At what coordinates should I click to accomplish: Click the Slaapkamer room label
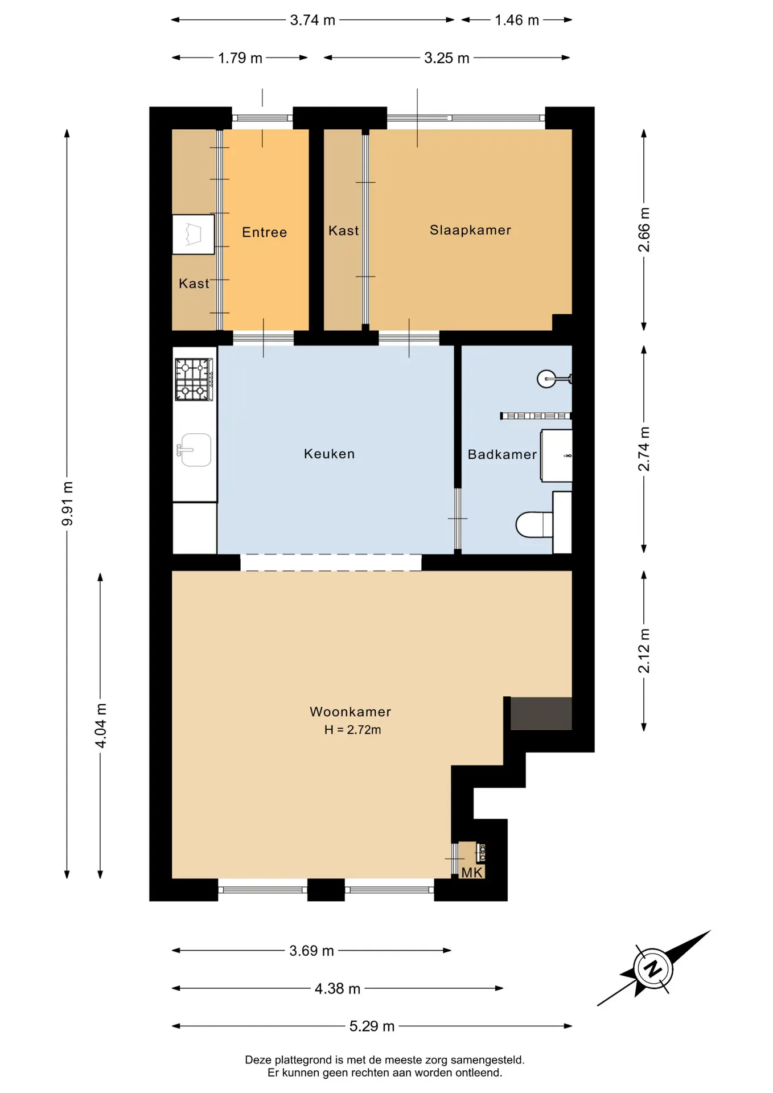pyautogui.click(x=470, y=230)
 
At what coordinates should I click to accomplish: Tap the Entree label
pyautogui.click(x=265, y=232)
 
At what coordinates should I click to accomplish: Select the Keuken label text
pyautogui.click(x=329, y=454)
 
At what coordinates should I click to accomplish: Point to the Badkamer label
pyautogui.click(x=502, y=454)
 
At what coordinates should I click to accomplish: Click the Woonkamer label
pyautogui.click(x=350, y=712)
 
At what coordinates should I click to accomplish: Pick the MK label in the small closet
pyautogui.click(x=472, y=873)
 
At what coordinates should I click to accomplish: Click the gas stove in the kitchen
pyautogui.click(x=194, y=379)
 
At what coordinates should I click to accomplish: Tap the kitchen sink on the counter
pyautogui.click(x=195, y=450)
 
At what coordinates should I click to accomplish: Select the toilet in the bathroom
pyautogui.click(x=534, y=524)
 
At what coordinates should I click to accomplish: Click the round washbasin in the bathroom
pyautogui.click(x=548, y=379)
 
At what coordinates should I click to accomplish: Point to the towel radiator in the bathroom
pyautogui.click(x=536, y=416)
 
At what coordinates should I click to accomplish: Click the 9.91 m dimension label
pyautogui.click(x=67, y=504)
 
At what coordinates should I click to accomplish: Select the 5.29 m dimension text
pyautogui.click(x=372, y=1026)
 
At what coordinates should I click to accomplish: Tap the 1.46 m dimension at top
pyautogui.click(x=517, y=20)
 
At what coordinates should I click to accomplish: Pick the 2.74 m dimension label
pyautogui.click(x=644, y=449)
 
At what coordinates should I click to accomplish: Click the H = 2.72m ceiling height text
pyautogui.click(x=352, y=730)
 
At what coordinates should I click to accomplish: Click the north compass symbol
pyautogui.click(x=653, y=968)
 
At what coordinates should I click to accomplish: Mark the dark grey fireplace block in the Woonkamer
pyautogui.click(x=541, y=713)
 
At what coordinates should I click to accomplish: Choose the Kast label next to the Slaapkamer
pyautogui.click(x=343, y=231)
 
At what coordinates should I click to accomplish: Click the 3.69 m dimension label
pyautogui.click(x=311, y=951)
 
